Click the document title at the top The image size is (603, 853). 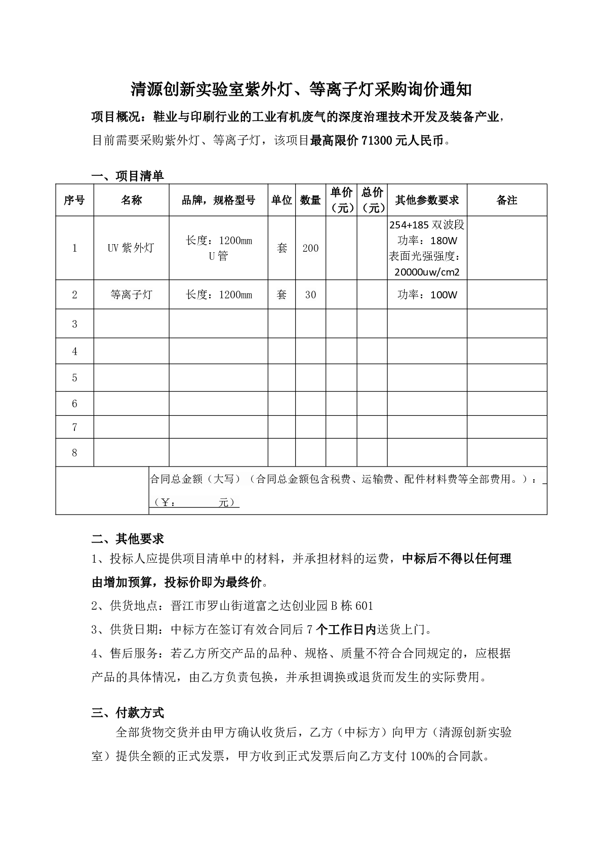(x=301, y=90)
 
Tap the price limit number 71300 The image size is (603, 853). (x=376, y=141)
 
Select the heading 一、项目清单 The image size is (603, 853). (x=128, y=176)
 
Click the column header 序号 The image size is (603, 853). (x=74, y=201)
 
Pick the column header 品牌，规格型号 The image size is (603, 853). (x=218, y=201)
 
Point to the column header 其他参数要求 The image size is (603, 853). (x=427, y=201)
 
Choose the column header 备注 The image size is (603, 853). (x=507, y=201)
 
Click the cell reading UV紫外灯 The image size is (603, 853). (x=131, y=248)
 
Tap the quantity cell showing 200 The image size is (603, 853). (x=310, y=248)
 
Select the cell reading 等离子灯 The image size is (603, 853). (x=131, y=295)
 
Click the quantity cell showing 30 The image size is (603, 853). (x=310, y=295)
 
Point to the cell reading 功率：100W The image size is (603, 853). (x=427, y=295)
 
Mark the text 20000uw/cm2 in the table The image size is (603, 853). (x=427, y=272)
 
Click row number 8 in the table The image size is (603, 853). (x=75, y=453)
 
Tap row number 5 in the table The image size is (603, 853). (x=75, y=378)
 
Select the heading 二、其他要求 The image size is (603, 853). (x=128, y=538)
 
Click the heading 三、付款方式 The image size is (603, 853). (x=128, y=713)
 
